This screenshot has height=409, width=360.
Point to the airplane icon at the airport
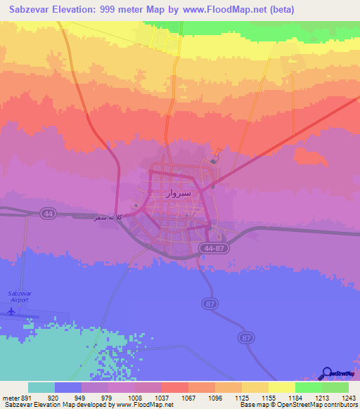pyautogui.click(x=11, y=310)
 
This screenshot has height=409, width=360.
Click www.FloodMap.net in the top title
pyautogui.click(x=227, y=10)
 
